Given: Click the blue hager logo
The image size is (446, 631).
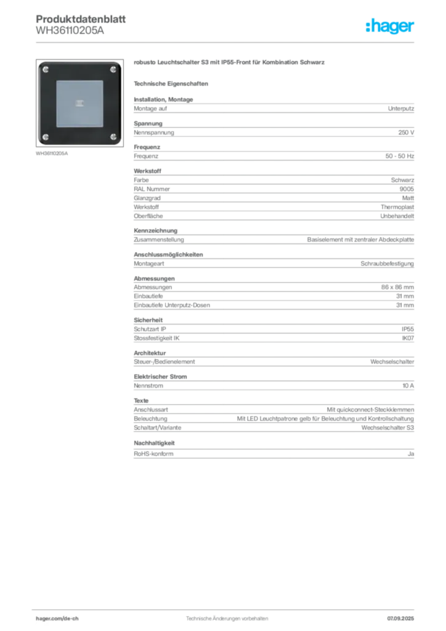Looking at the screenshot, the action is click(x=391, y=27).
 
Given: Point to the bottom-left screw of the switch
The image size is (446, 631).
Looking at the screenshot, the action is click(x=46, y=136).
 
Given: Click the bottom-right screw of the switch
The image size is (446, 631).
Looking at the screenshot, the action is click(x=113, y=136).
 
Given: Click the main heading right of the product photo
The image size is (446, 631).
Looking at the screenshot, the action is click(x=228, y=63).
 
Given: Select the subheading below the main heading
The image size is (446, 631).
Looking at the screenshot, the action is click(x=172, y=83).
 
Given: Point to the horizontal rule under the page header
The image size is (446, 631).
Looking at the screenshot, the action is click(x=227, y=42).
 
